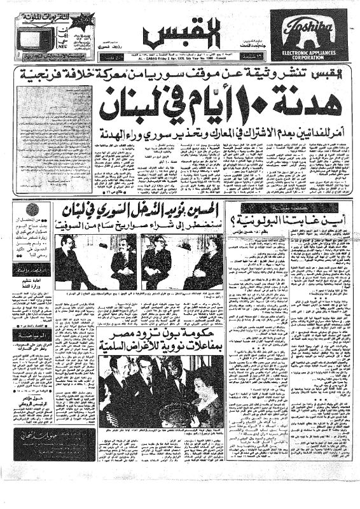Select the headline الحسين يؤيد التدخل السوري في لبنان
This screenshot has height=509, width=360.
pos(144,210)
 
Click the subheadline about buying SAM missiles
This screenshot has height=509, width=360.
pos(144,224)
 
